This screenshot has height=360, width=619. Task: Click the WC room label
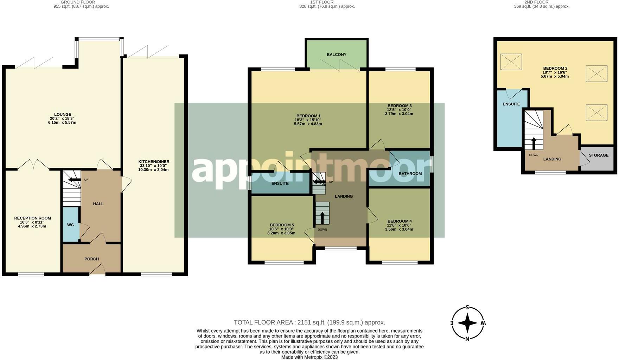(x=70, y=225)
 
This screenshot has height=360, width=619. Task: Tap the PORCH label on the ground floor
(x=91, y=259)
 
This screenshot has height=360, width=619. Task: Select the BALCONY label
(x=337, y=54)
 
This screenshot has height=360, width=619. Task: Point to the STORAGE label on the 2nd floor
(x=599, y=155)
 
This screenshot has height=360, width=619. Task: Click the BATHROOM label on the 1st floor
(x=410, y=174)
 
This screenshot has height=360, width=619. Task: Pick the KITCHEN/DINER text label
(x=154, y=162)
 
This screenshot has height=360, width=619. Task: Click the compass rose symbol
(x=467, y=323)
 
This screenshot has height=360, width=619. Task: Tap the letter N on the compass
(x=467, y=339)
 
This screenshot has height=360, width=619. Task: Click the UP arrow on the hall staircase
(x=74, y=180)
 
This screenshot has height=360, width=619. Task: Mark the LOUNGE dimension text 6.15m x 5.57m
(x=62, y=122)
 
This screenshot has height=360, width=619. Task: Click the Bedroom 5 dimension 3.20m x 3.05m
(x=281, y=233)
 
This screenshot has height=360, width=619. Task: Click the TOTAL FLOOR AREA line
(x=309, y=322)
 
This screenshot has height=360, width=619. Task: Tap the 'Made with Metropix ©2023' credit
(x=309, y=357)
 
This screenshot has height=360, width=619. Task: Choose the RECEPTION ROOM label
(x=32, y=218)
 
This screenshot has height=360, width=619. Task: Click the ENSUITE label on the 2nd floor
(x=511, y=104)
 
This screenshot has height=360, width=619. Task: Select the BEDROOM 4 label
(x=400, y=221)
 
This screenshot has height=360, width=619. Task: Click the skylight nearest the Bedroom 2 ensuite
(x=511, y=62)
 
